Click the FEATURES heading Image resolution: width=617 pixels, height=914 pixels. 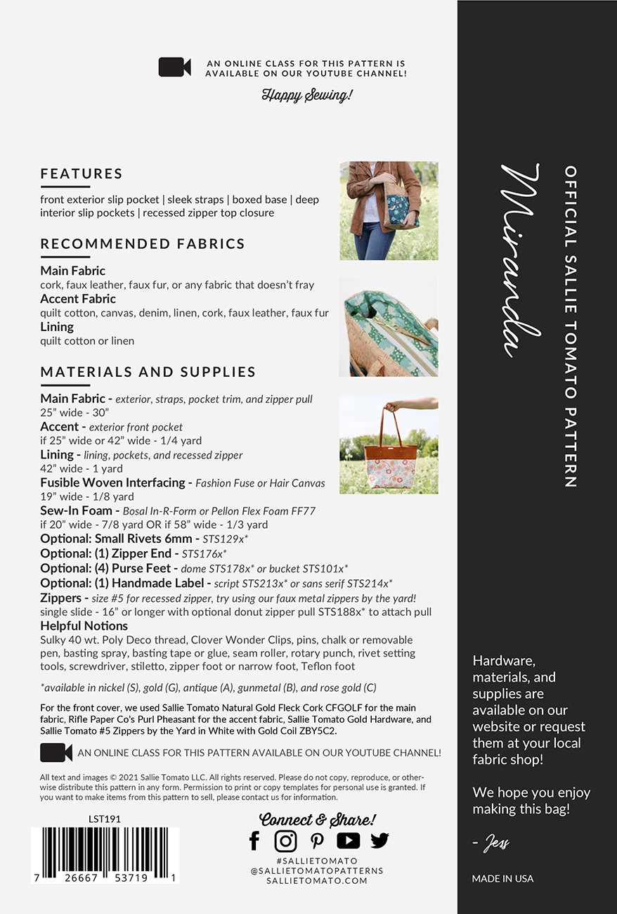tap(82, 174)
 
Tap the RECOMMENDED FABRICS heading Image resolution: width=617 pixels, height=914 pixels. tap(143, 244)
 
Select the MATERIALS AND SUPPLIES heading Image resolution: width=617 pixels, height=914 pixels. tap(148, 372)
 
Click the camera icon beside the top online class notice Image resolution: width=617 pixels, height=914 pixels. tap(174, 67)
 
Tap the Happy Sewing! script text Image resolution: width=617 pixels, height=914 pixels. tap(306, 95)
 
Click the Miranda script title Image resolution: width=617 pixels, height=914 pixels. tap(521, 260)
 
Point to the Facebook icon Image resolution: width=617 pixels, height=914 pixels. tap(254, 840)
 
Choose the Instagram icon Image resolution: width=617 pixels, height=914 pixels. tap(285, 840)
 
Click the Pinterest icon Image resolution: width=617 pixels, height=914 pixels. tap(317, 840)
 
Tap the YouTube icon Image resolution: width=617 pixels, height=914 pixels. tap(348, 840)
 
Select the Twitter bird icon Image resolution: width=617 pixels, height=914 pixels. tap(379, 840)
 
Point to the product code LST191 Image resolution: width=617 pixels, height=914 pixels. tap(105, 819)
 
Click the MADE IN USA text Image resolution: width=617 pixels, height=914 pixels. tap(502, 878)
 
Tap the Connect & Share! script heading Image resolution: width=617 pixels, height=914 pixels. tap(318, 819)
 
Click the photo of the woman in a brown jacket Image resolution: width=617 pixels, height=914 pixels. tap(389, 211)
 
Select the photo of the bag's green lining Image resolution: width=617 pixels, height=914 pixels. tap(389, 326)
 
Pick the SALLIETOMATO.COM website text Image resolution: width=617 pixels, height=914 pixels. tap(317, 880)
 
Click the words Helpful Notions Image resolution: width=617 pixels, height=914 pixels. tap(84, 626)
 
